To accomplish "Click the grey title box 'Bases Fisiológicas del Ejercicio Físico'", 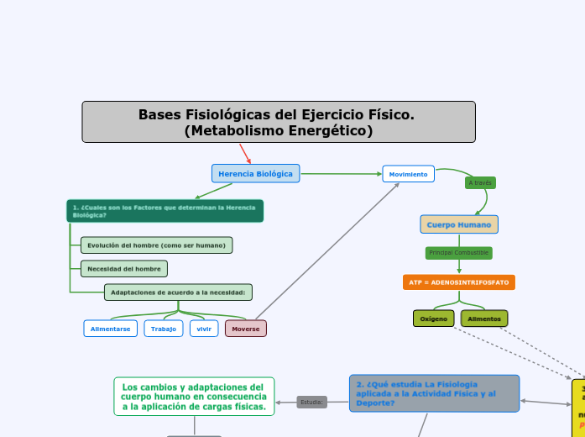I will tap(279, 122).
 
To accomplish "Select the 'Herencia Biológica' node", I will tap(255, 174).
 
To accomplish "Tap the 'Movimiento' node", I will tap(408, 174).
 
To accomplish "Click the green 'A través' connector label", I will tap(480, 183).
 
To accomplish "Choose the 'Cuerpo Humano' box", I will tap(459, 224).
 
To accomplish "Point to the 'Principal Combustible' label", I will tap(458, 253).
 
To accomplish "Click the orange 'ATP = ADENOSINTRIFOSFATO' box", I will tap(458, 282).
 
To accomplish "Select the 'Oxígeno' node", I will tap(433, 319).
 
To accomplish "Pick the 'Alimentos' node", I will tap(484, 319).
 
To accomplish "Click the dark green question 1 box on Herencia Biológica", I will tap(165, 211).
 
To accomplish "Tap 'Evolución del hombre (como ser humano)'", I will tap(157, 245).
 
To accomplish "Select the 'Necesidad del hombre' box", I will tap(124, 269).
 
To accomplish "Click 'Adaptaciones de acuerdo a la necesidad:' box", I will tap(178, 292).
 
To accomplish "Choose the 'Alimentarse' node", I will tap(110, 329).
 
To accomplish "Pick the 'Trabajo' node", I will tap(164, 329).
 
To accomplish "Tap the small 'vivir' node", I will tap(204, 329).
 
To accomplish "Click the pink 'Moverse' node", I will tap(246, 329).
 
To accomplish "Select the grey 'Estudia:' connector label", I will tap(312, 403).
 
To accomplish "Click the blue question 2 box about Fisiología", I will tap(434, 393).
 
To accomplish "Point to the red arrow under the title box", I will tap(245, 154).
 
